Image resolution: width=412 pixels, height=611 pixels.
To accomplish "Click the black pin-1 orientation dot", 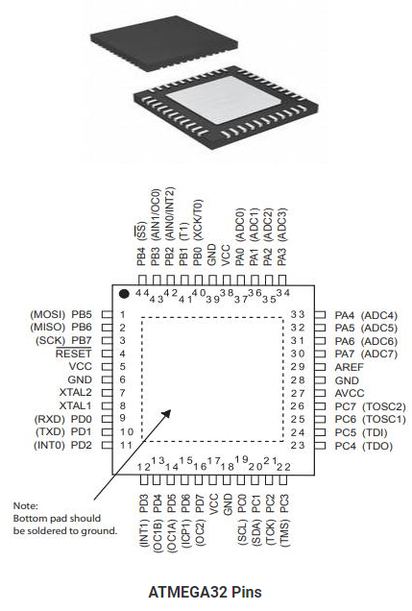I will click(x=125, y=292).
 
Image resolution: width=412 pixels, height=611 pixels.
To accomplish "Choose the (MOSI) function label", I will click(x=48, y=314).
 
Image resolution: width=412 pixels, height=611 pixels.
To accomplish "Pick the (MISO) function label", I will click(x=48, y=328).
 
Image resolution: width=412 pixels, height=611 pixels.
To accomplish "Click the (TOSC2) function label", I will click(x=384, y=406).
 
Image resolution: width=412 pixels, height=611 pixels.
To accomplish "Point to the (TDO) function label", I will click(x=377, y=445).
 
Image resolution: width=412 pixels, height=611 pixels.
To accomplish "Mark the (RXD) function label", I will click(x=50, y=419).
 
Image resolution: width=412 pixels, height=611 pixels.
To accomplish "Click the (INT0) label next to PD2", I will click(x=49, y=445).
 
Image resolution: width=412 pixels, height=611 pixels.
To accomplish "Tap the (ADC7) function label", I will click(x=379, y=354).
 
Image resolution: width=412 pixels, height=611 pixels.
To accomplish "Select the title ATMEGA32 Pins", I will click(x=206, y=592).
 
